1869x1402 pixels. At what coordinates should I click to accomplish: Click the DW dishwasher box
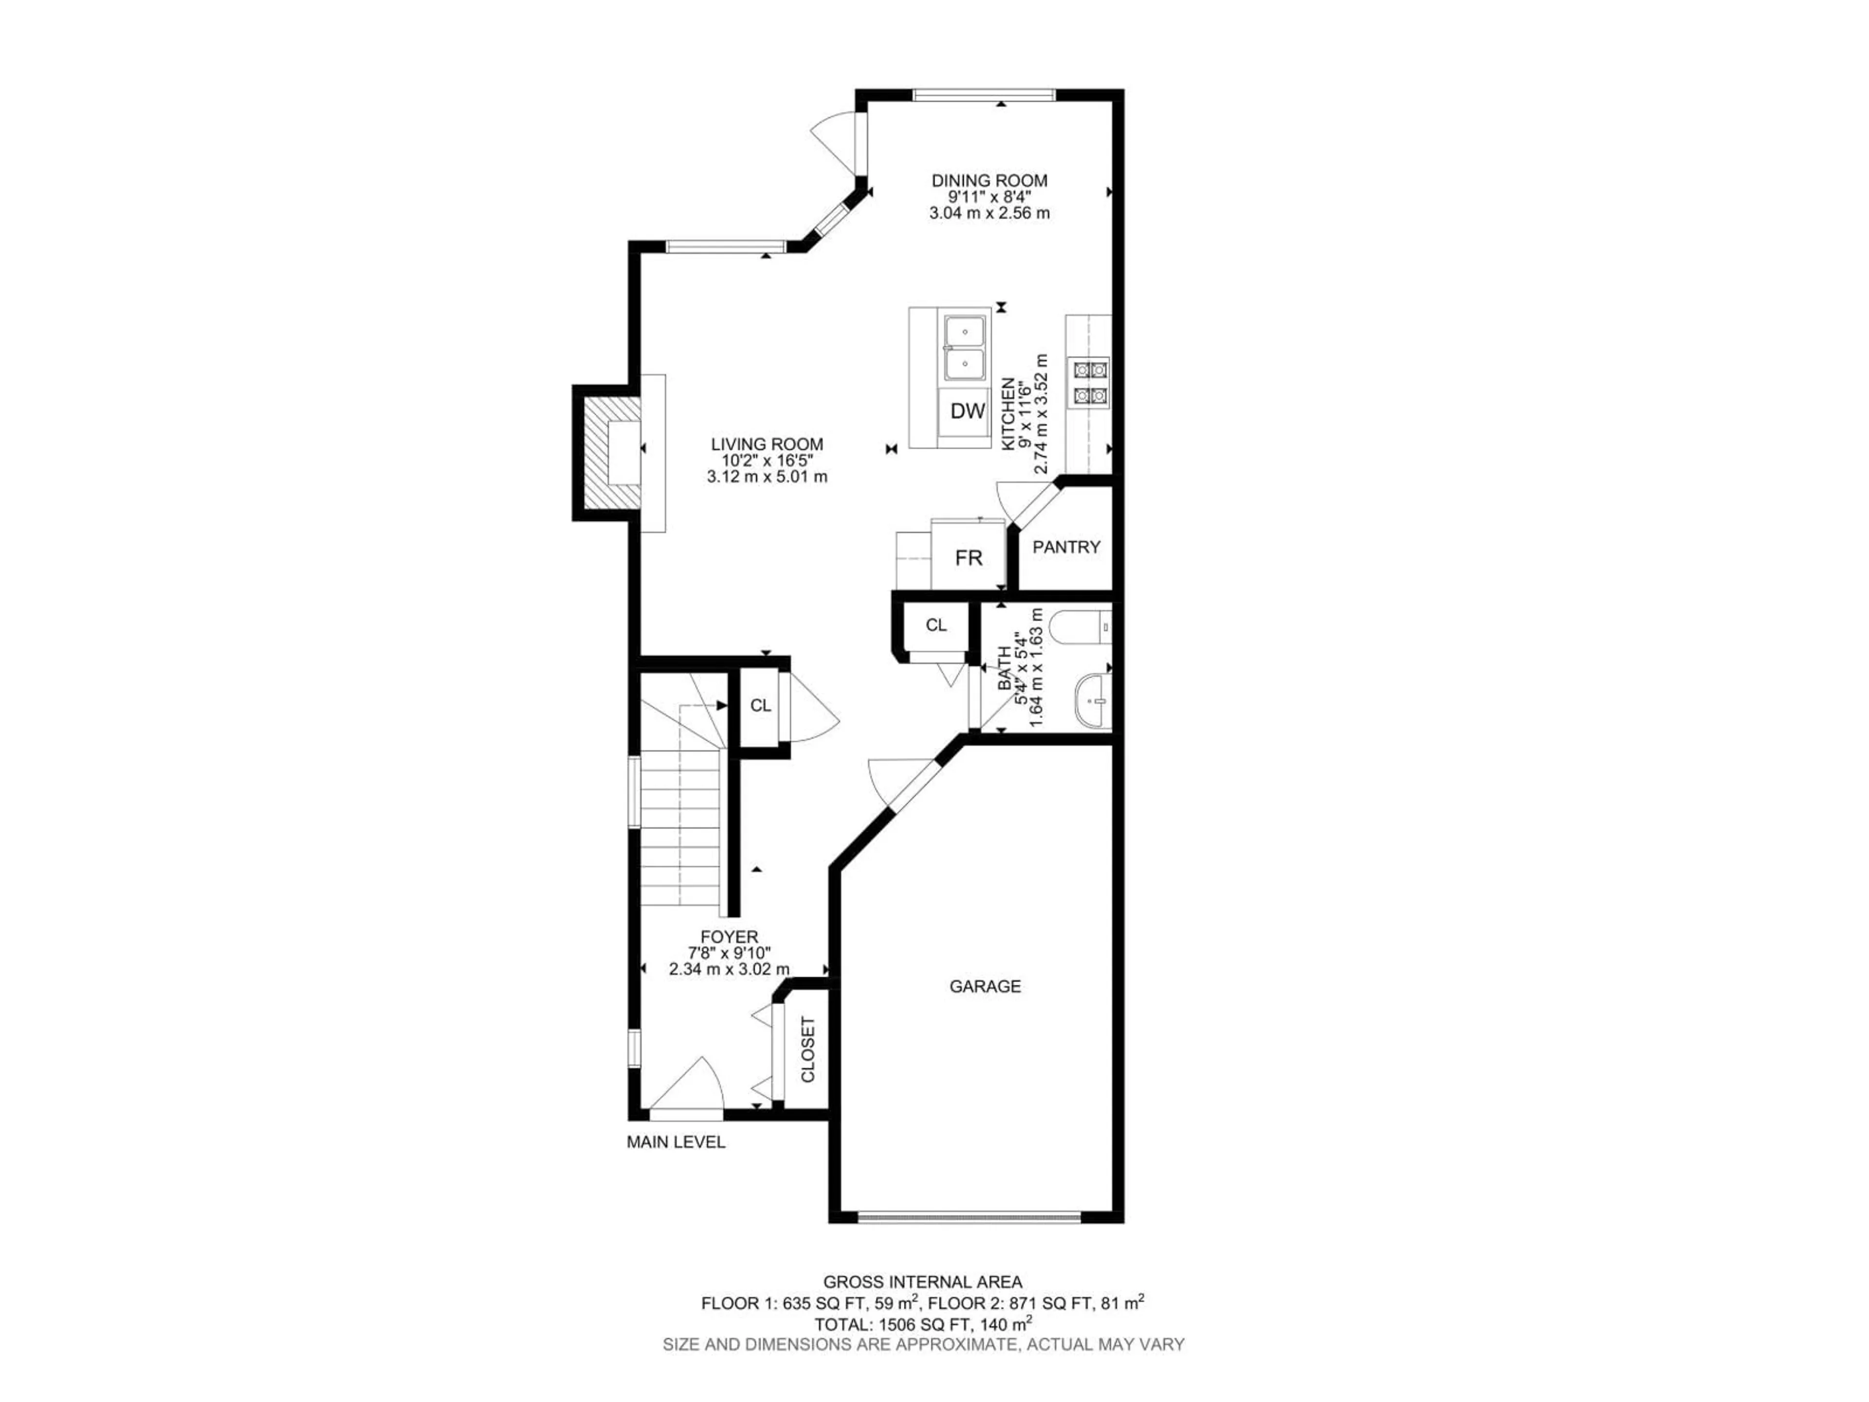[968, 411]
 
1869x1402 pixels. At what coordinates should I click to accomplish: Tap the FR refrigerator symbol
[968, 558]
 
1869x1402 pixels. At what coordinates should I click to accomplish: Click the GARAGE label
[985, 986]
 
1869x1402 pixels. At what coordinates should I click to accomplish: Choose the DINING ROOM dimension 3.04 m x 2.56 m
[989, 213]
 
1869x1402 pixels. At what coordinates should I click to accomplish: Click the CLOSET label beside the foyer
[807, 1051]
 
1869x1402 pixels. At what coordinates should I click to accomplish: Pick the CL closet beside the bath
[935, 626]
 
